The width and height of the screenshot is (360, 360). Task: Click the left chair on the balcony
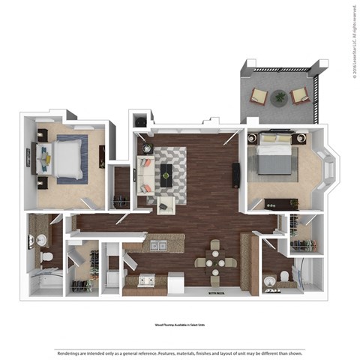point(259,95)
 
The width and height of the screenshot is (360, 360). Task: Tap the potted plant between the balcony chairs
point(280,96)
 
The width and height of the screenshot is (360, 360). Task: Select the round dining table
point(216,262)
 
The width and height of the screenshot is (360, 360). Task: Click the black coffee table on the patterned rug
point(166,174)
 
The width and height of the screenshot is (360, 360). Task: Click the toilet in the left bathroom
point(46,257)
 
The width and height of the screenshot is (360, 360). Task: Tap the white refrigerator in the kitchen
point(175,283)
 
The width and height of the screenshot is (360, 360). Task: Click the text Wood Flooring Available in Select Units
point(180,326)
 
